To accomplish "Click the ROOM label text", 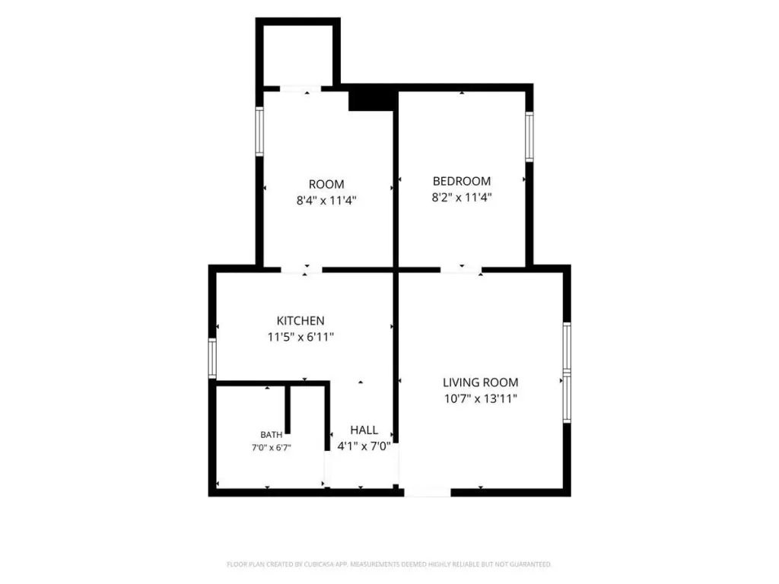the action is click(326, 184).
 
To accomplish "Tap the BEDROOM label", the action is click(462, 181).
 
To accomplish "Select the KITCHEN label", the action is click(300, 321).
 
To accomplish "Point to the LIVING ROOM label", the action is click(481, 382).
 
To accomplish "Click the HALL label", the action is click(364, 430).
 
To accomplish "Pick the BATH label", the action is click(272, 435).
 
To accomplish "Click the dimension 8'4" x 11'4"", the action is click(326, 201).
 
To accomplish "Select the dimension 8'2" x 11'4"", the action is click(462, 198).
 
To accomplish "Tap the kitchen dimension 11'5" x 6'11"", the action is click(300, 337).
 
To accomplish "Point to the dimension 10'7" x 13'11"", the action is click(481, 398).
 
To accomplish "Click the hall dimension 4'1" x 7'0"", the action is click(364, 446).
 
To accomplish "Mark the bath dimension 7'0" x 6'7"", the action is click(272, 448).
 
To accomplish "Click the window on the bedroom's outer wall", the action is click(529, 137).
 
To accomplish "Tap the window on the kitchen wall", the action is click(212, 358).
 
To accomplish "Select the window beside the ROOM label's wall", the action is click(259, 131).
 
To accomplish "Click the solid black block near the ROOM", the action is click(371, 101).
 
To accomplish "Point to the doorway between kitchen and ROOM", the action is click(301, 270).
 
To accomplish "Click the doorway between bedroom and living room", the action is click(462, 270).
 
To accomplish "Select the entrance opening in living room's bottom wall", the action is click(428, 493).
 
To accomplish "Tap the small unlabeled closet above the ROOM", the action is click(298, 55).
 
